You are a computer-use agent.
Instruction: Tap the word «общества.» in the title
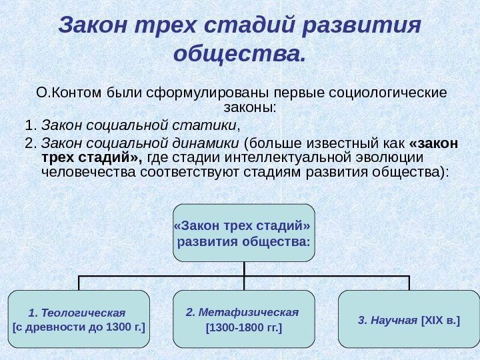[x=239, y=53]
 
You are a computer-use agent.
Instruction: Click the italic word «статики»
[x=212, y=125]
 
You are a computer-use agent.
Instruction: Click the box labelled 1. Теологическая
[x=78, y=319]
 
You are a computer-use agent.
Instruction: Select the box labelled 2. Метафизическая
[x=243, y=319]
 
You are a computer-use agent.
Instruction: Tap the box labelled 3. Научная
[x=409, y=319]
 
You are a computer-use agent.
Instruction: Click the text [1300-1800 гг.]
[x=243, y=328]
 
